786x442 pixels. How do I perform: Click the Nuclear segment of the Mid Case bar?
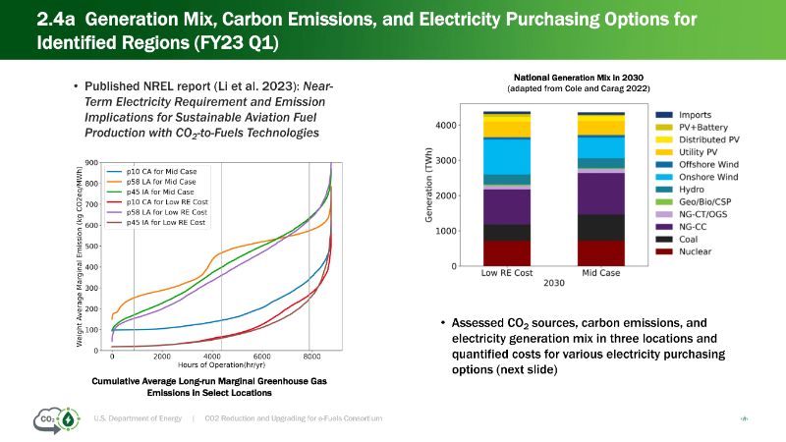point(600,253)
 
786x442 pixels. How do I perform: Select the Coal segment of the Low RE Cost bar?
point(508,233)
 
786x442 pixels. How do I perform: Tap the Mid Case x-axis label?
point(600,273)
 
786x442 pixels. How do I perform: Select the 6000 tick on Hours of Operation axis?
point(261,357)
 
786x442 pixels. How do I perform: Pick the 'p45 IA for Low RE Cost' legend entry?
point(168,223)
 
